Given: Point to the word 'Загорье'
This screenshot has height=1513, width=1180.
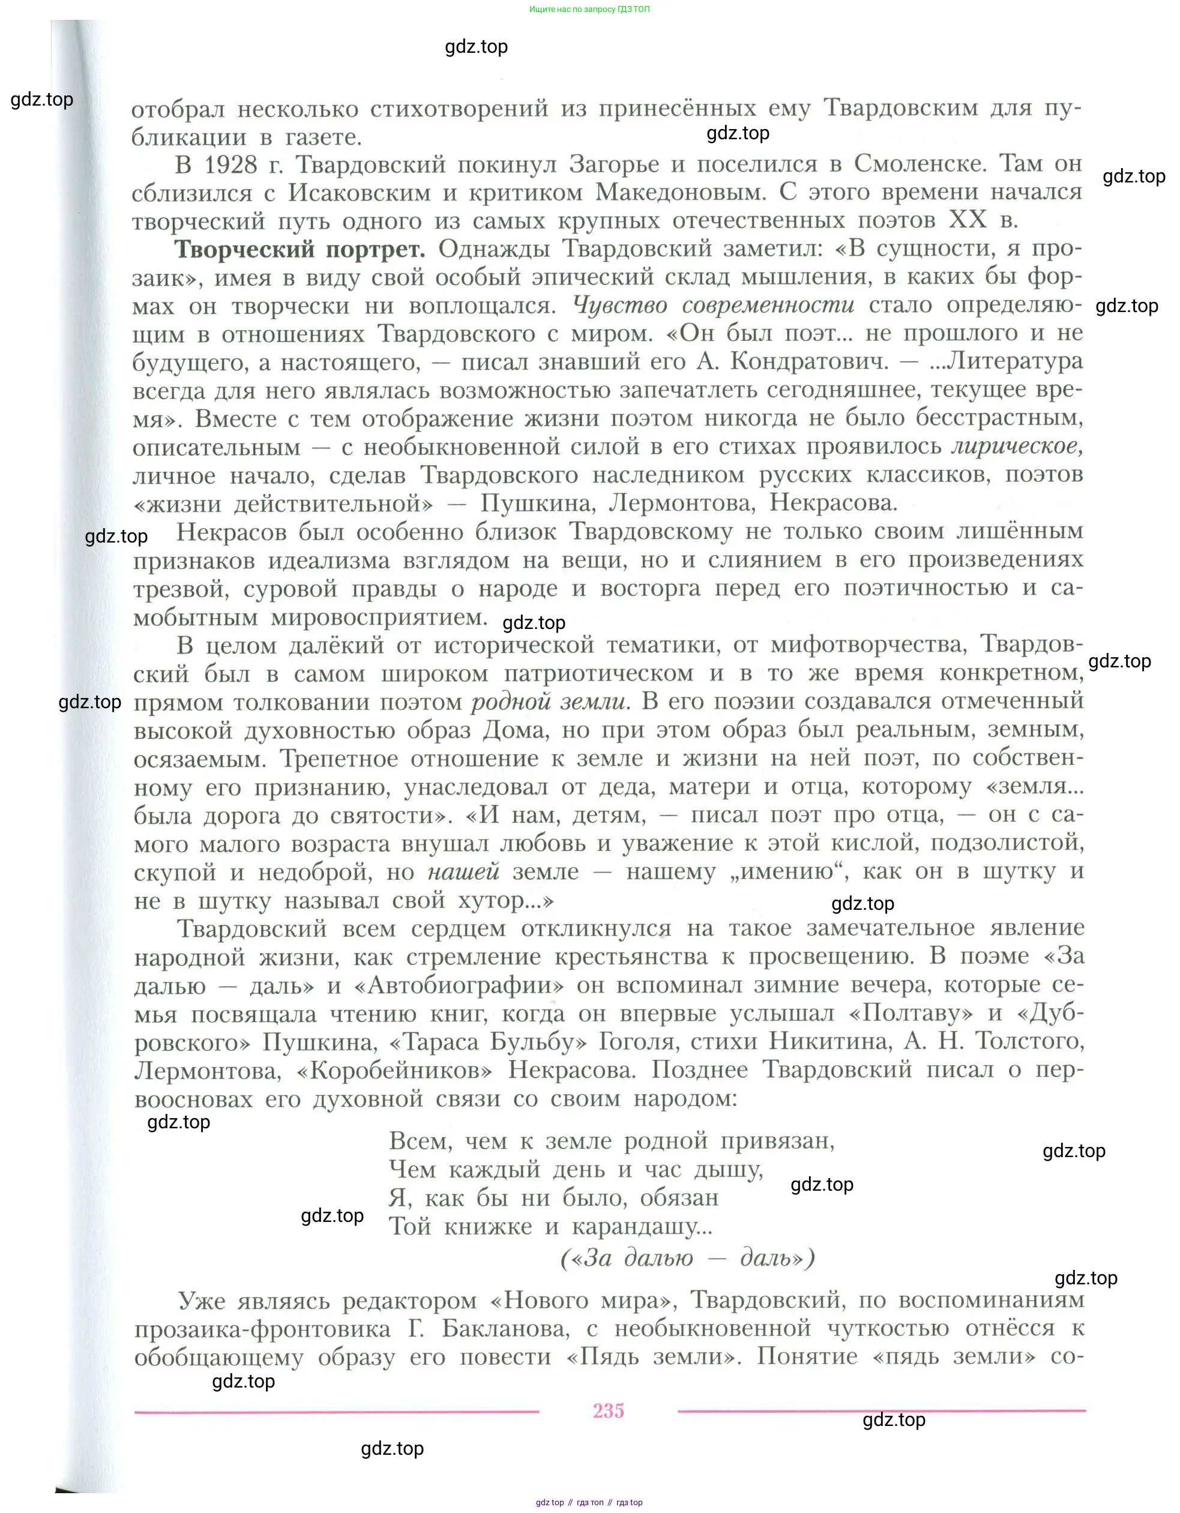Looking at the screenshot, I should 625,164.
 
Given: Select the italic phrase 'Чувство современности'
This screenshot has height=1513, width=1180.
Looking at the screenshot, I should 714,305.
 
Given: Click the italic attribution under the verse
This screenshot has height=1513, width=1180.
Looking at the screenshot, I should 687,1257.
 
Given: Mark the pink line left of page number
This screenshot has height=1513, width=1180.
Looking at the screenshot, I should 336,1411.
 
